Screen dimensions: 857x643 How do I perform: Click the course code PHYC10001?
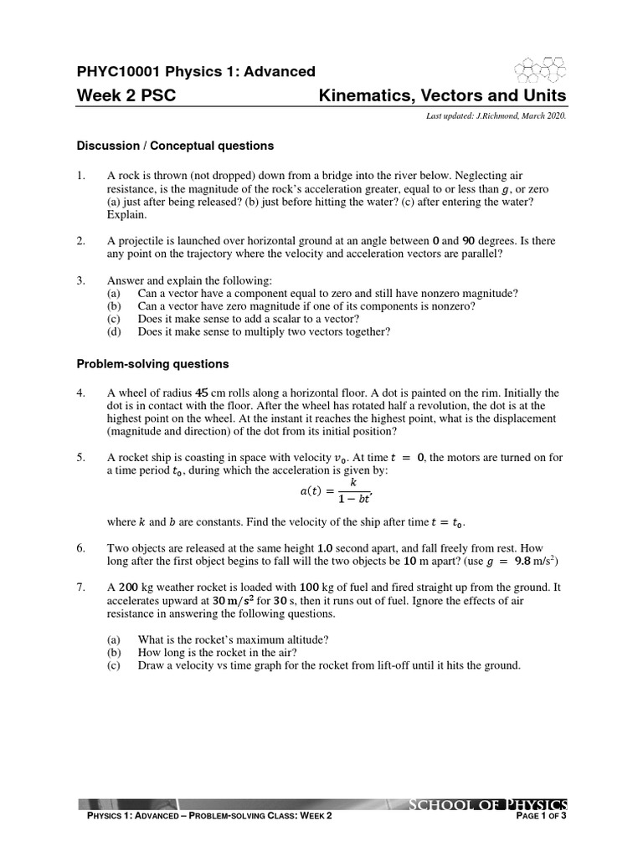click(120, 71)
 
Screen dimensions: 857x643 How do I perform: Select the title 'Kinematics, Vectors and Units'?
click(443, 96)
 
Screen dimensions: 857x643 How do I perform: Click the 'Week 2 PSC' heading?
click(126, 96)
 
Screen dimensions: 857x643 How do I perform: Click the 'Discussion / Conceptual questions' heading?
click(175, 146)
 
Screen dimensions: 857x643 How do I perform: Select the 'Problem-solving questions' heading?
click(152, 364)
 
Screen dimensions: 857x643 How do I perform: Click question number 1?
click(81, 177)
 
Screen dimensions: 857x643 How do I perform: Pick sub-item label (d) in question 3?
click(114, 331)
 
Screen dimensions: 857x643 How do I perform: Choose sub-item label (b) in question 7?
click(114, 652)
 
